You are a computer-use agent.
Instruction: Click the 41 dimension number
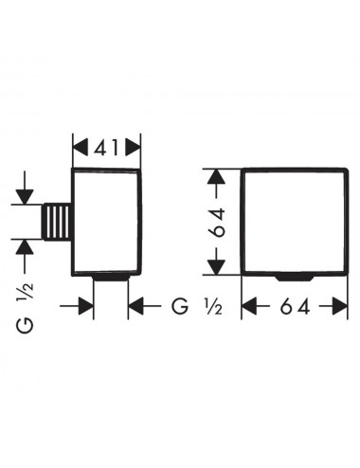[x=106, y=148]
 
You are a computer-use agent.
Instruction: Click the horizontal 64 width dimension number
[x=295, y=306]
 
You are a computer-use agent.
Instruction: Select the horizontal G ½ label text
[x=197, y=306]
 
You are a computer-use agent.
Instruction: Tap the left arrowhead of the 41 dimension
[x=81, y=148]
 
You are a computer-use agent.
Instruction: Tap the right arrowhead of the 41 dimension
[x=133, y=148]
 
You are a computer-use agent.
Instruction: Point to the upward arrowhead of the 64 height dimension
[x=216, y=176]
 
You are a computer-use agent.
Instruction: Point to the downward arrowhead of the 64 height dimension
[x=216, y=267]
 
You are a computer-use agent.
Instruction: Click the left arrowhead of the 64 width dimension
[x=249, y=306]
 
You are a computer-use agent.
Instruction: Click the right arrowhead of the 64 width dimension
[x=339, y=306]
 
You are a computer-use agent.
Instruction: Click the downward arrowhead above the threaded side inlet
[x=25, y=197]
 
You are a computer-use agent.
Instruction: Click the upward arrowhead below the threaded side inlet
[x=25, y=247]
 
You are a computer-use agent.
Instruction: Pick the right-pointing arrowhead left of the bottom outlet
[x=85, y=306]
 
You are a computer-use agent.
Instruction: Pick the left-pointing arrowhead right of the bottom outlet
[x=136, y=306]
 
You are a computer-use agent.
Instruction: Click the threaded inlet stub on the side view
[x=57, y=222]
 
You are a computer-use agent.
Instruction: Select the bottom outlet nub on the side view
[x=111, y=279]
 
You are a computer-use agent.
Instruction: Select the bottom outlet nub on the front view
[x=295, y=278]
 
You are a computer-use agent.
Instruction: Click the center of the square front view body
[x=295, y=222]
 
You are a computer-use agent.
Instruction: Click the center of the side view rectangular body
[x=106, y=223]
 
